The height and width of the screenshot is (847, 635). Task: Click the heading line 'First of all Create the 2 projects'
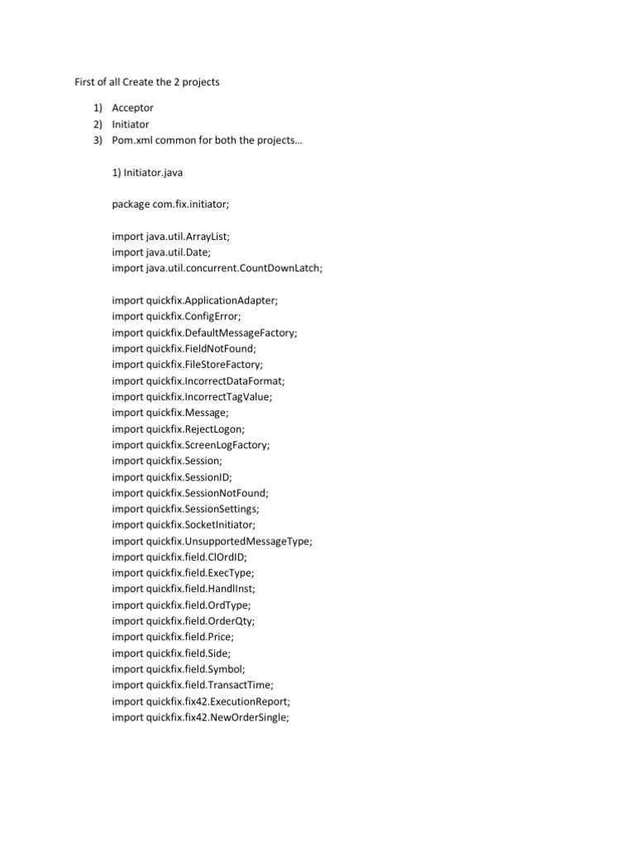click(x=142, y=83)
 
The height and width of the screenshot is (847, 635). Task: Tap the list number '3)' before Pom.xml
click(x=97, y=140)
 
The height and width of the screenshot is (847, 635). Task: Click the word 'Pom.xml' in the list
click(x=133, y=140)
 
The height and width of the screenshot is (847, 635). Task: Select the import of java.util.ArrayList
click(x=171, y=237)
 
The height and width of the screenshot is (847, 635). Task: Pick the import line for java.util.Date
click(x=161, y=252)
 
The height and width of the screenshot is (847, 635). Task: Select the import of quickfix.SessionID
click(x=172, y=476)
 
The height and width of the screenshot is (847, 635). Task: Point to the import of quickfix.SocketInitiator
click(x=184, y=524)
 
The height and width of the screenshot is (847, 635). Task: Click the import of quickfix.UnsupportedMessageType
click(x=212, y=541)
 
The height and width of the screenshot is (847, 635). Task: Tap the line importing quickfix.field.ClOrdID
click(x=179, y=557)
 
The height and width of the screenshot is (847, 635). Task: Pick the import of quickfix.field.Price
click(x=174, y=637)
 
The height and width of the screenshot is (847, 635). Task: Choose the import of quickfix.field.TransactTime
click(x=193, y=685)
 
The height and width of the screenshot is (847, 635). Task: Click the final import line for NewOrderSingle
click(x=201, y=717)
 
